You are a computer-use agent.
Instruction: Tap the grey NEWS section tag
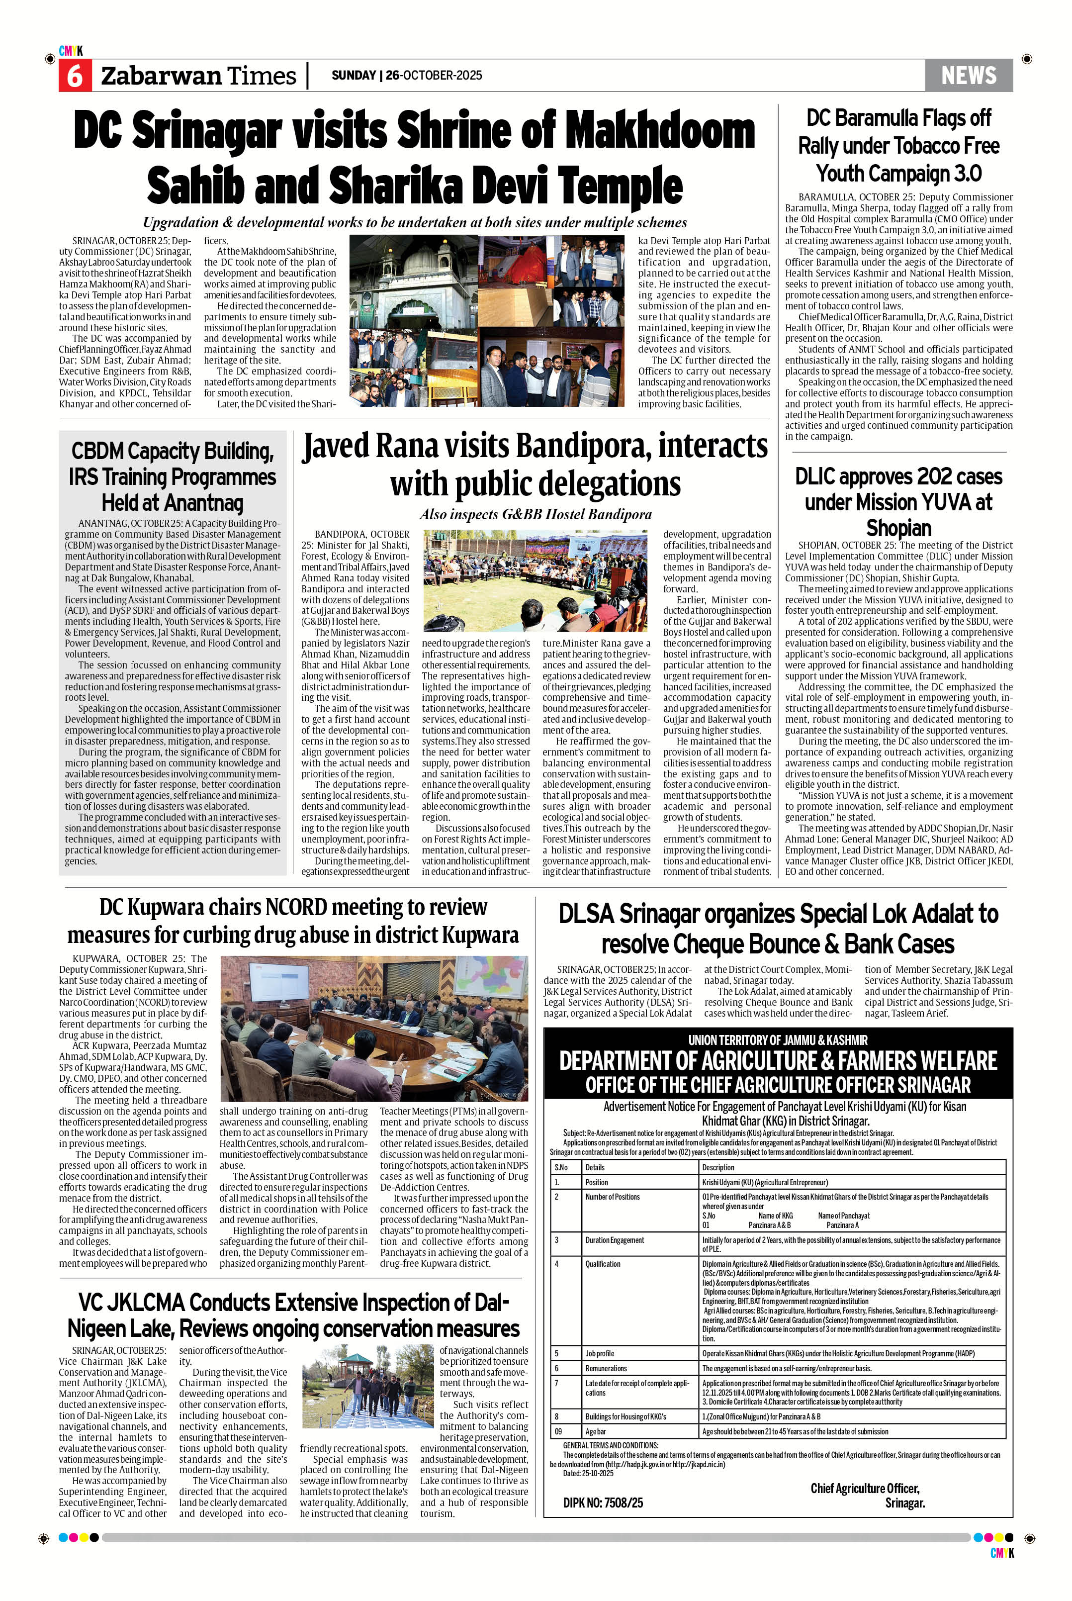[968, 75]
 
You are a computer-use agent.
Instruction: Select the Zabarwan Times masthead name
[198, 76]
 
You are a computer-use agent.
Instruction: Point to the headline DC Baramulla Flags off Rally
[898, 145]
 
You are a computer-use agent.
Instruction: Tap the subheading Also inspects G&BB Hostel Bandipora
[536, 514]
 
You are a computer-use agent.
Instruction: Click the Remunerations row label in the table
[606, 1368]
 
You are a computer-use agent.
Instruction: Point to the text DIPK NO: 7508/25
[603, 1503]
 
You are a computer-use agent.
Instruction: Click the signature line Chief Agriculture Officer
[864, 1488]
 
